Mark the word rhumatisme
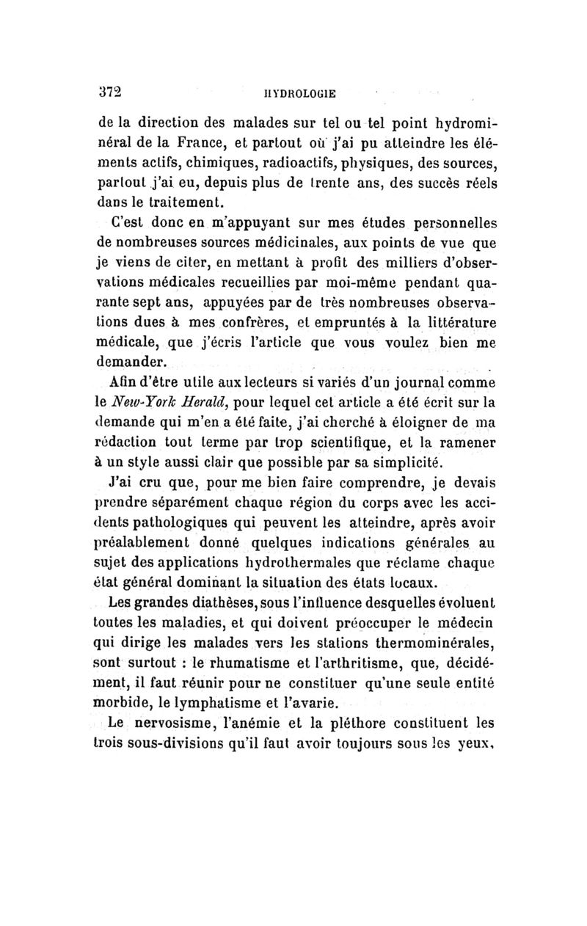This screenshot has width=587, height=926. pos(238,663)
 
